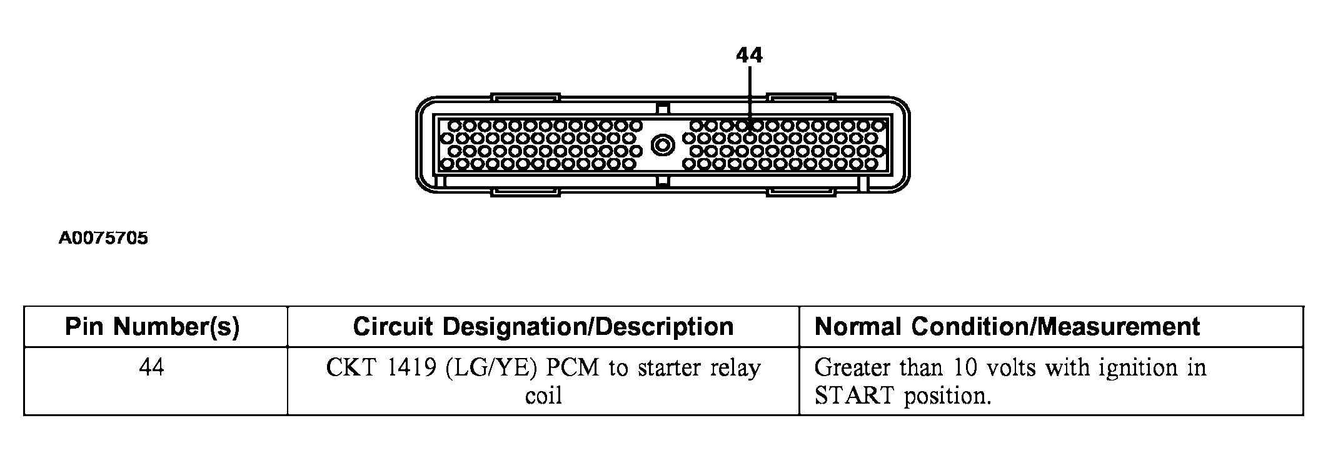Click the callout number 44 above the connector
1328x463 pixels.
[x=749, y=56]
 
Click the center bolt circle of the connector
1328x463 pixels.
[x=663, y=146]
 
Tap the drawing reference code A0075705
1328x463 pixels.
[x=104, y=238]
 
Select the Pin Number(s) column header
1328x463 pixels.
[x=153, y=326]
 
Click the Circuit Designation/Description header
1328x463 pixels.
[x=543, y=326]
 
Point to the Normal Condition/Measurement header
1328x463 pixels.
[x=1007, y=326]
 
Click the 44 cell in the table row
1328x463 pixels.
[x=152, y=367]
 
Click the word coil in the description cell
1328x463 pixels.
[x=543, y=396]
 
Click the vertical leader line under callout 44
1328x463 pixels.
[x=749, y=97]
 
